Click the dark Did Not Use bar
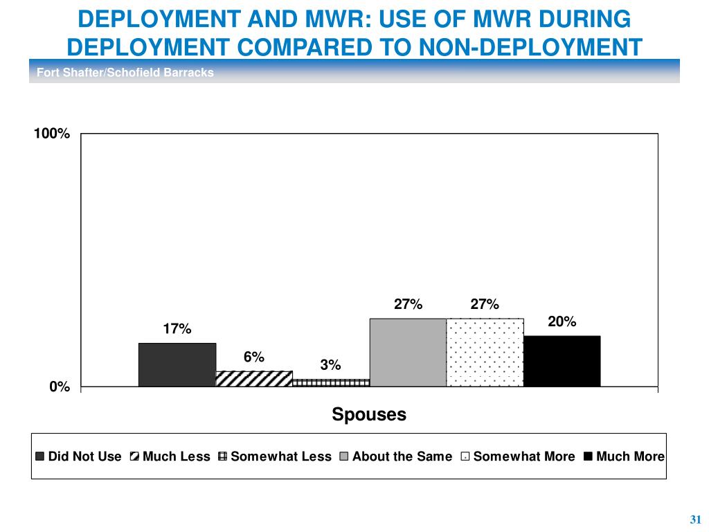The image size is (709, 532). click(x=177, y=364)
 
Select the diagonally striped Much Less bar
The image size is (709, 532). click(x=254, y=378)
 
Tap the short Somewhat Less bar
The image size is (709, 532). click(x=331, y=382)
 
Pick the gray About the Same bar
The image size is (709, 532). click(x=408, y=352)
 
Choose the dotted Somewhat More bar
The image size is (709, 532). click(x=485, y=352)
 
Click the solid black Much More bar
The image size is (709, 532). click(x=562, y=361)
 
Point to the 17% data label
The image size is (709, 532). click(x=177, y=329)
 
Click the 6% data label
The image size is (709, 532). click(x=253, y=357)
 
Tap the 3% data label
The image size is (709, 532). click(x=330, y=365)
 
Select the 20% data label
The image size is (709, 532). click(x=562, y=321)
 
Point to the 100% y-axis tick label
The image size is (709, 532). click(x=53, y=134)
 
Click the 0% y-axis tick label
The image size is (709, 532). click(x=60, y=387)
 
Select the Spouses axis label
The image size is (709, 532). click(x=369, y=414)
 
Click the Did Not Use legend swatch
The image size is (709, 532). click(x=40, y=456)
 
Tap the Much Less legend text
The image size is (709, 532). click(x=176, y=456)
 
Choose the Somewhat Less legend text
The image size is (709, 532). click(x=281, y=456)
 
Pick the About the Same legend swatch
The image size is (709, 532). click(x=344, y=456)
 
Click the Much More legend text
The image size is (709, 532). click(x=630, y=456)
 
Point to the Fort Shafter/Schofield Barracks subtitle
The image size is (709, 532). click(x=125, y=72)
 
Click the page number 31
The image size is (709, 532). click(x=696, y=520)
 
